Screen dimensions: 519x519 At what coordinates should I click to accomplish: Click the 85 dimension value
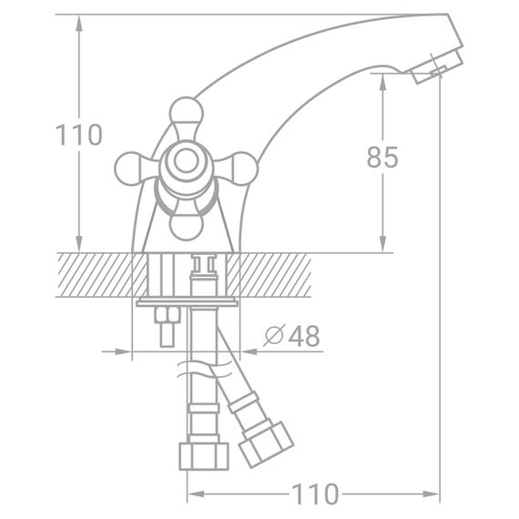[x=382, y=158]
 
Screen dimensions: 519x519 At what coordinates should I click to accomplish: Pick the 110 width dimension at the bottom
[x=314, y=494]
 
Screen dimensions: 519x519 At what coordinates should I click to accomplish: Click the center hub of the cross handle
[x=186, y=165]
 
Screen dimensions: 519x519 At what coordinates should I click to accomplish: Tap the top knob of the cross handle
[x=184, y=113]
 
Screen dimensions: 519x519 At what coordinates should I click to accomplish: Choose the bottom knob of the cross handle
[x=183, y=224]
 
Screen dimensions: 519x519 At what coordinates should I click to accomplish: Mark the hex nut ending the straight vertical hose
[x=201, y=456]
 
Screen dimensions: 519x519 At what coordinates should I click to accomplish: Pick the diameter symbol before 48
[x=275, y=336]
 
